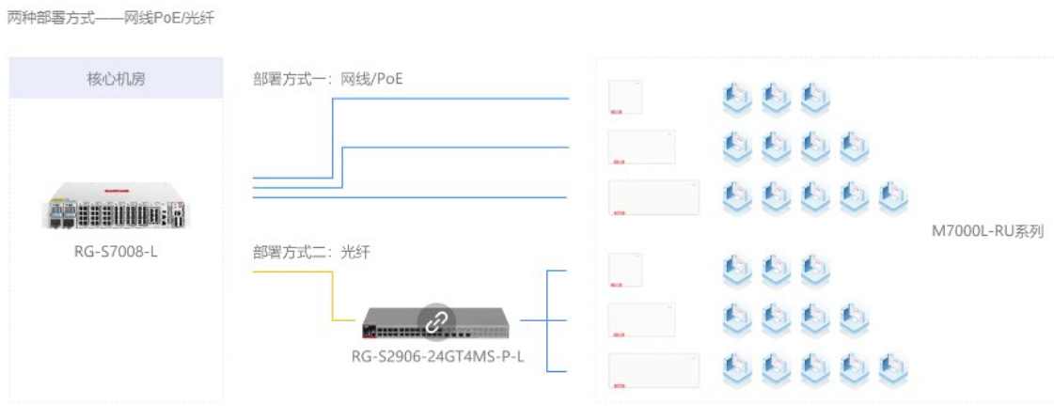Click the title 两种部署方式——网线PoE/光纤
110,18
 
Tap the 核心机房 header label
116,79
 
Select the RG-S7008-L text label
116,251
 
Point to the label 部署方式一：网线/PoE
327,79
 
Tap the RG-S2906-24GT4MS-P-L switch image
438,322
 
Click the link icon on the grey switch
435,321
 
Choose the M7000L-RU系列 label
987,231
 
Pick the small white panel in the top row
625,97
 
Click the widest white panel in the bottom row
653,369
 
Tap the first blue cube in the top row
736,98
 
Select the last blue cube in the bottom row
893,369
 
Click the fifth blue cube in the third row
893,196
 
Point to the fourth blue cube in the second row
854,147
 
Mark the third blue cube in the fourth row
814,271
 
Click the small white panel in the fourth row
625,270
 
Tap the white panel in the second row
641,147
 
